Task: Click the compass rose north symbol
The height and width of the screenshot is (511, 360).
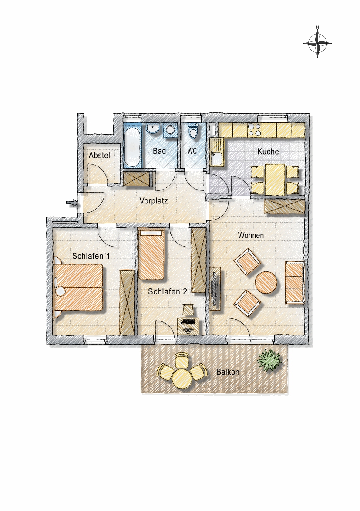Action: (318, 43)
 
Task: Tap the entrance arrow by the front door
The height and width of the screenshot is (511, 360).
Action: (72, 203)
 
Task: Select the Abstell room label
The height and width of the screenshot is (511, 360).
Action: (101, 156)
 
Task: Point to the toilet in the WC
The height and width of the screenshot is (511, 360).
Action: (193, 131)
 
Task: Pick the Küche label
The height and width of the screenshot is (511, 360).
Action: (268, 151)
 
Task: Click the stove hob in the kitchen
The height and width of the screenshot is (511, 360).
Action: (255, 130)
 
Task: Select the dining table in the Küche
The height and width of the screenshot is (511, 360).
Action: (275, 179)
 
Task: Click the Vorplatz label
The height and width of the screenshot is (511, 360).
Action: (154, 201)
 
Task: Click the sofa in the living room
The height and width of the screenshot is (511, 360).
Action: (295, 282)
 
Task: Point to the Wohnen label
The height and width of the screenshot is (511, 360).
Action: (251, 235)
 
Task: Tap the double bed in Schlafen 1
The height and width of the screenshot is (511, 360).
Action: (78, 287)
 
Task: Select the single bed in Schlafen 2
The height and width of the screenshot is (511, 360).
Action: (151, 254)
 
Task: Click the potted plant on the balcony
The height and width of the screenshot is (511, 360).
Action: (269, 360)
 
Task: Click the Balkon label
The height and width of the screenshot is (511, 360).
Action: (228, 372)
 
